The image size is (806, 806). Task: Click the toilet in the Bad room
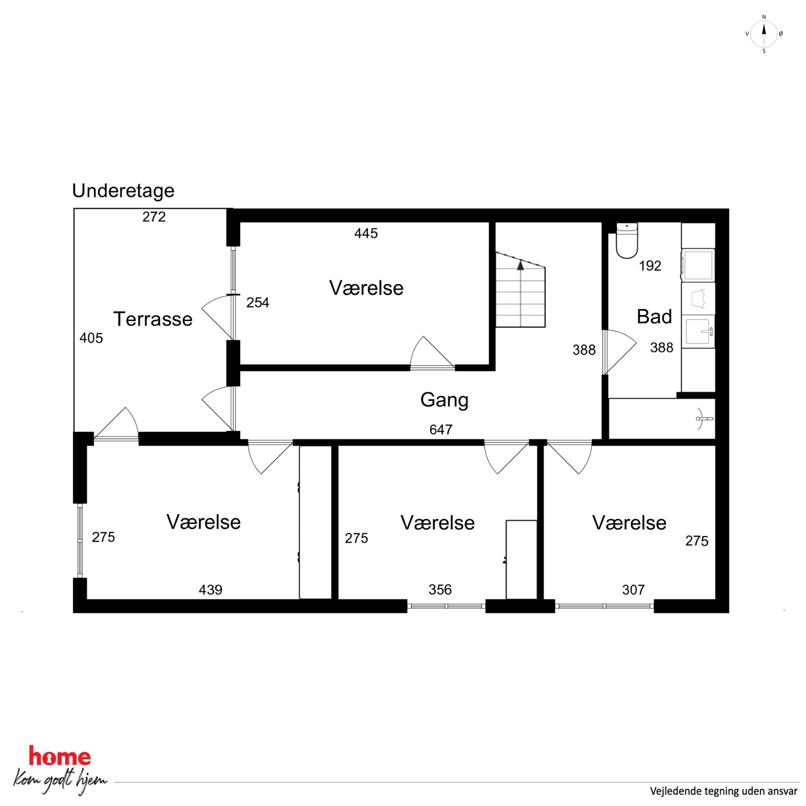pyautogui.click(x=626, y=240)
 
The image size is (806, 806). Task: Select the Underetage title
pyautogui.click(x=123, y=191)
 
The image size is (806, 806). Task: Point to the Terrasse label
pyautogui.click(x=153, y=319)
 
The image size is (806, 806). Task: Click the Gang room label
pyautogui.click(x=444, y=400)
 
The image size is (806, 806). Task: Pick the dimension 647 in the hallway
pyautogui.click(x=441, y=429)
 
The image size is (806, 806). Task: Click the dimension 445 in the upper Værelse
pyautogui.click(x=366, y=233)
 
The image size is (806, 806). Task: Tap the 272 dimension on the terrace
pyautogui.click(x=154, y=217)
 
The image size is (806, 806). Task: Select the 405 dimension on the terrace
pyautogui.click(x=91, y=338)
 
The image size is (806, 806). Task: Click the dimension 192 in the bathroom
pyautogui.click(x=650, y=266)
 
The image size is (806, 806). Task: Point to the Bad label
pyautogui.click(x=654, y=317)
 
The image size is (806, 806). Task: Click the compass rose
pyautogui.click(x=764, y=34)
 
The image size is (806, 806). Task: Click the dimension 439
pyautogui.click(x=210, y=589)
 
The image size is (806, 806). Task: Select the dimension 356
pyautogui.click(x=440, y=589)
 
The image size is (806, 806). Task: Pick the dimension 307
pyautogui.click(x=633, y=589)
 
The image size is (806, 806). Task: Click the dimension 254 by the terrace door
pyautogui.click(x=258, y=303)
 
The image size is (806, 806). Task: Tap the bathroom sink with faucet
pyautogui.click(x=698, y=331)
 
